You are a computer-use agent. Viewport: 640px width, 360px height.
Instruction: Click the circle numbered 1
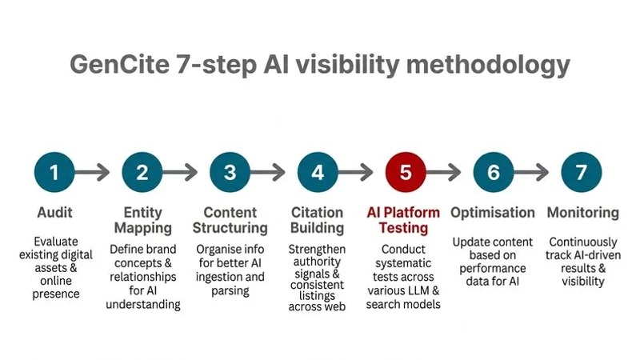pos(54,172)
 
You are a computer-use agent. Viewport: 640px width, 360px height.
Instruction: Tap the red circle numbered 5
pos(406,172)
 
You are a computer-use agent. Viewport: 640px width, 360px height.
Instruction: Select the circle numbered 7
pos(582,172)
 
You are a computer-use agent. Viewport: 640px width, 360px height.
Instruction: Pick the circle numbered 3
pos(230,172)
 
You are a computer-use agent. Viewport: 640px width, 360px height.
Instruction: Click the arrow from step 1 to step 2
pos(98,172)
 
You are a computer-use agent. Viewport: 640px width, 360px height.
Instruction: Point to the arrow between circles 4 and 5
pos(362,172)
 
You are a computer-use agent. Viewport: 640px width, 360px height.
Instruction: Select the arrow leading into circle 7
pos(538,172)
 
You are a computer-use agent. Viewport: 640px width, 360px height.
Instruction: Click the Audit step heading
pos(55,213)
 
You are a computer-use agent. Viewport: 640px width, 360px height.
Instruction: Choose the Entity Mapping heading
pos(142,220)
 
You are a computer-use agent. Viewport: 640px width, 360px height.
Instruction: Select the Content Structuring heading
pos(230,220)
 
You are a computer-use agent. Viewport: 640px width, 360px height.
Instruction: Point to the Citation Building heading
pos(318,220)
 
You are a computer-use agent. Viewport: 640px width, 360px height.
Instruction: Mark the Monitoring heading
pos(582,213)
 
